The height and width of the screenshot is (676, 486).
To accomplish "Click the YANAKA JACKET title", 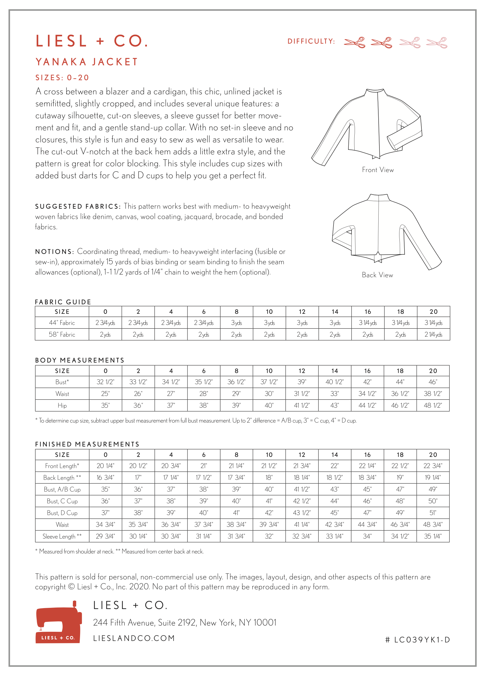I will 87,62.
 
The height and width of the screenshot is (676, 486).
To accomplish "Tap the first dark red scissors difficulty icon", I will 354,42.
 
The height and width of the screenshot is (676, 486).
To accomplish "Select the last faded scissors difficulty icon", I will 436,42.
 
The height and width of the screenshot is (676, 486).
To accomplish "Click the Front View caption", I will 378,170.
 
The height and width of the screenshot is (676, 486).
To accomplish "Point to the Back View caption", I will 377,275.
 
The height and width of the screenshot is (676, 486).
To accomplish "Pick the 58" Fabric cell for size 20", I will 433,334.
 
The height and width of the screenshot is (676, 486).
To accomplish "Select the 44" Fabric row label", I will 62,323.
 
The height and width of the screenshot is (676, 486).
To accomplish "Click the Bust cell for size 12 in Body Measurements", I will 302,382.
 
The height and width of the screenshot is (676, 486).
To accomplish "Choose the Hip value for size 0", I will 105,405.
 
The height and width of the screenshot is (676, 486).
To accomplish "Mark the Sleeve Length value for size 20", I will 433,536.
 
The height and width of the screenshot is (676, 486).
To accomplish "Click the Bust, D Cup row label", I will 62,513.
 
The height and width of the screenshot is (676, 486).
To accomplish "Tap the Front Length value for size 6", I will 204,466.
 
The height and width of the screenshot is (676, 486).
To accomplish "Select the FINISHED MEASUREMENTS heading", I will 87,444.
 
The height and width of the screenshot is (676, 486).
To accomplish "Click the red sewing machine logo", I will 59,623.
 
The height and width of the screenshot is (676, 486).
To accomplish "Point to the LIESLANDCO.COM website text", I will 134,638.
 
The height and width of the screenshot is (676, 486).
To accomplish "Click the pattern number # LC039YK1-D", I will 417,640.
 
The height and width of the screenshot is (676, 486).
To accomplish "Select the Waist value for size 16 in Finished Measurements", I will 367,524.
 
